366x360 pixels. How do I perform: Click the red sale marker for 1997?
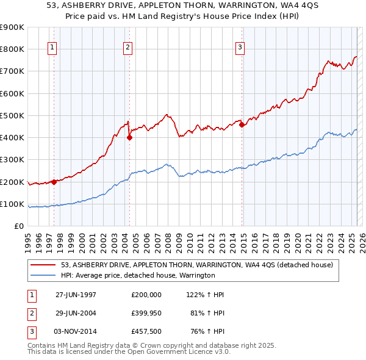tap(54, 181)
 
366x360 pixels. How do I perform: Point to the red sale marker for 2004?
tap(129, 137)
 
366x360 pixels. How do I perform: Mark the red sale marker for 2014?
tap(242, 124)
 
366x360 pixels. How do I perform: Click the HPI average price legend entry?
tap(137, 275)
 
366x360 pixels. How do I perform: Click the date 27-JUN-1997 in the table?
tap(76, 295)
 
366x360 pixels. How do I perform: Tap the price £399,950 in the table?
tap(146, 314)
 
